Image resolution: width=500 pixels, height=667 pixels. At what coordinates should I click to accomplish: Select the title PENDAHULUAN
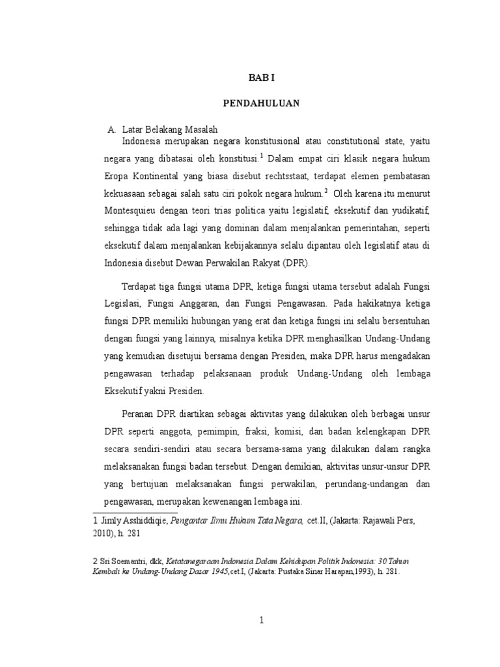coord(261,103)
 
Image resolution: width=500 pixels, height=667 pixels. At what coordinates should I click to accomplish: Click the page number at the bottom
coord(261,620)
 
